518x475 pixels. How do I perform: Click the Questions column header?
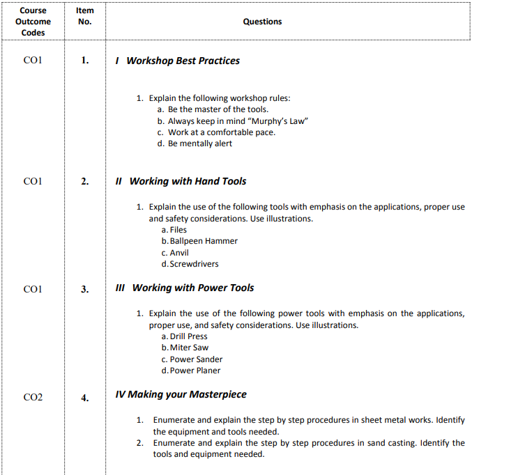(x=262, y=22)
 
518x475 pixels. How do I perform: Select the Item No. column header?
(x=84, y=16)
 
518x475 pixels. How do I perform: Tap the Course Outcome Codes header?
(x=33, y=22)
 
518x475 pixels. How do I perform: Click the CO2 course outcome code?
(x=33, y=398)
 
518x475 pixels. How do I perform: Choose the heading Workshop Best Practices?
(x=183, y=61)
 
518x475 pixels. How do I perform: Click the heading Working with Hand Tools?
(x=188, y=181)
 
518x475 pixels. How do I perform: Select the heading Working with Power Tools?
(x=193, y=288)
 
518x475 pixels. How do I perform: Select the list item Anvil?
(x=179, y=253)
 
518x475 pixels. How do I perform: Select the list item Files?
(x=178, y=230)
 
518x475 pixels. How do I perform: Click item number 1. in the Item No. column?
(x=84, y=61)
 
